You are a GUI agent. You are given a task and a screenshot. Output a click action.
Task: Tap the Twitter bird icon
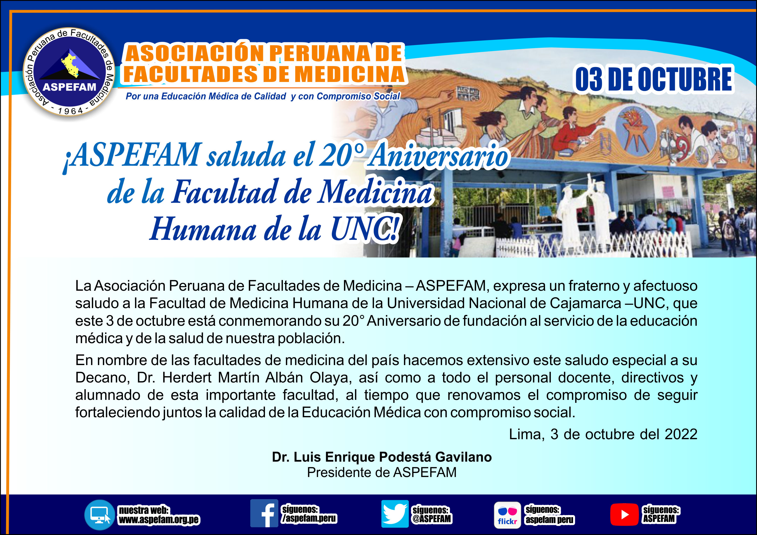(x=395, y=514)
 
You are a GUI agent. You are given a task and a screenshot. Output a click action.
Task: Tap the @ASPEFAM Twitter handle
(x=431, y=519)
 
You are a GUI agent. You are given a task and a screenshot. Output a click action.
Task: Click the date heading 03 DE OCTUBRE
(x=654, y=79)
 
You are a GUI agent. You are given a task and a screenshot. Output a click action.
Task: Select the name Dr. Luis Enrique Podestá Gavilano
(x=382, y=457)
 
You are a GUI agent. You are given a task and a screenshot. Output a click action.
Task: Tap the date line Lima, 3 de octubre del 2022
(x=603, y=434)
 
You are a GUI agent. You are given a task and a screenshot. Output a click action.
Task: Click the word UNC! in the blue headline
(x=365, y=229)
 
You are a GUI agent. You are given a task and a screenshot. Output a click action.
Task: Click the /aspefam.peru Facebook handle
(x=309, y=518)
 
